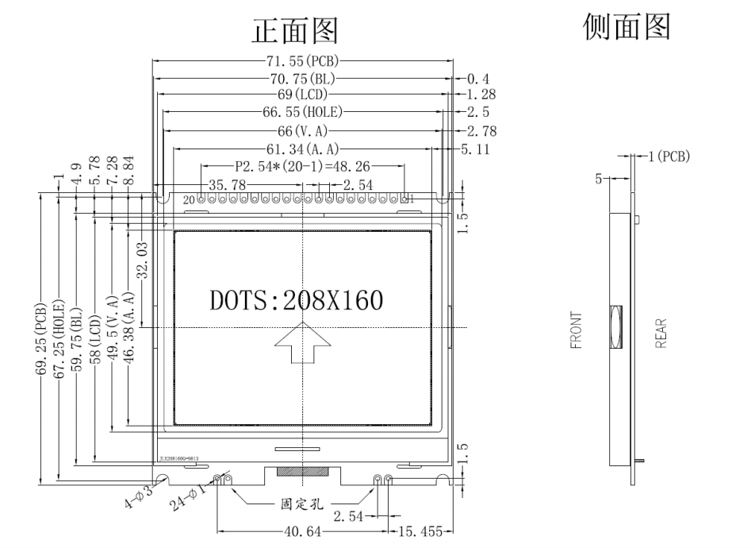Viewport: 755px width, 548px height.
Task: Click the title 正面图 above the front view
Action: [x=295, y=31]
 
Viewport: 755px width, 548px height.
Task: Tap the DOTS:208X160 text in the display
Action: [x=296, y=300]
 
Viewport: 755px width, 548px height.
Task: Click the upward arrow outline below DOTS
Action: [x=303, y=343]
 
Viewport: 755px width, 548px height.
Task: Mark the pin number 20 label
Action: [x=189, y=199]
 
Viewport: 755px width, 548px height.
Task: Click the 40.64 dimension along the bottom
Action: [x=302, y=534]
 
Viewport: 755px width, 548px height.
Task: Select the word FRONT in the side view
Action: [x=576, y=330]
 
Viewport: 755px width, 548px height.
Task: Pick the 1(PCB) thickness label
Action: [x=669, y=156]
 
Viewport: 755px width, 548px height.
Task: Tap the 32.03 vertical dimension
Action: [x=143, y=261]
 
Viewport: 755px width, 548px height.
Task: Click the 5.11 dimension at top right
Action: [x=474, y=149]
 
